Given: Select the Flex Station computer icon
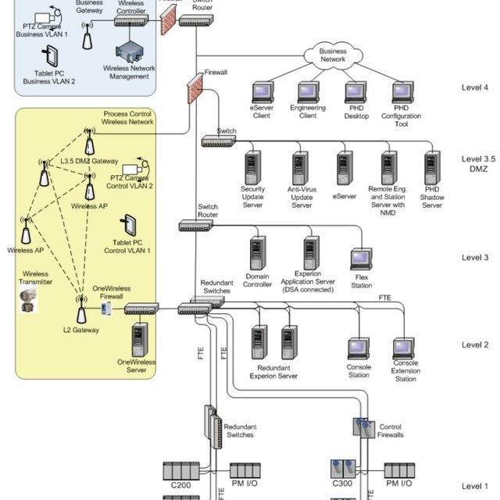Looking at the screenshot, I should [362, 259].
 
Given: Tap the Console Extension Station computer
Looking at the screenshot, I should [404, 348].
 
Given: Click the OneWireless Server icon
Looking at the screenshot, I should [141, 339].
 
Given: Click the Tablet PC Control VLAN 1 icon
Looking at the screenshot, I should [129, 226].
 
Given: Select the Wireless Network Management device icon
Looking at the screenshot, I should [130, 51].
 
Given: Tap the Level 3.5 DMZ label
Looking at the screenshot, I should [475, 164].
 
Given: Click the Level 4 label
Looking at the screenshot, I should [475, 87].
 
